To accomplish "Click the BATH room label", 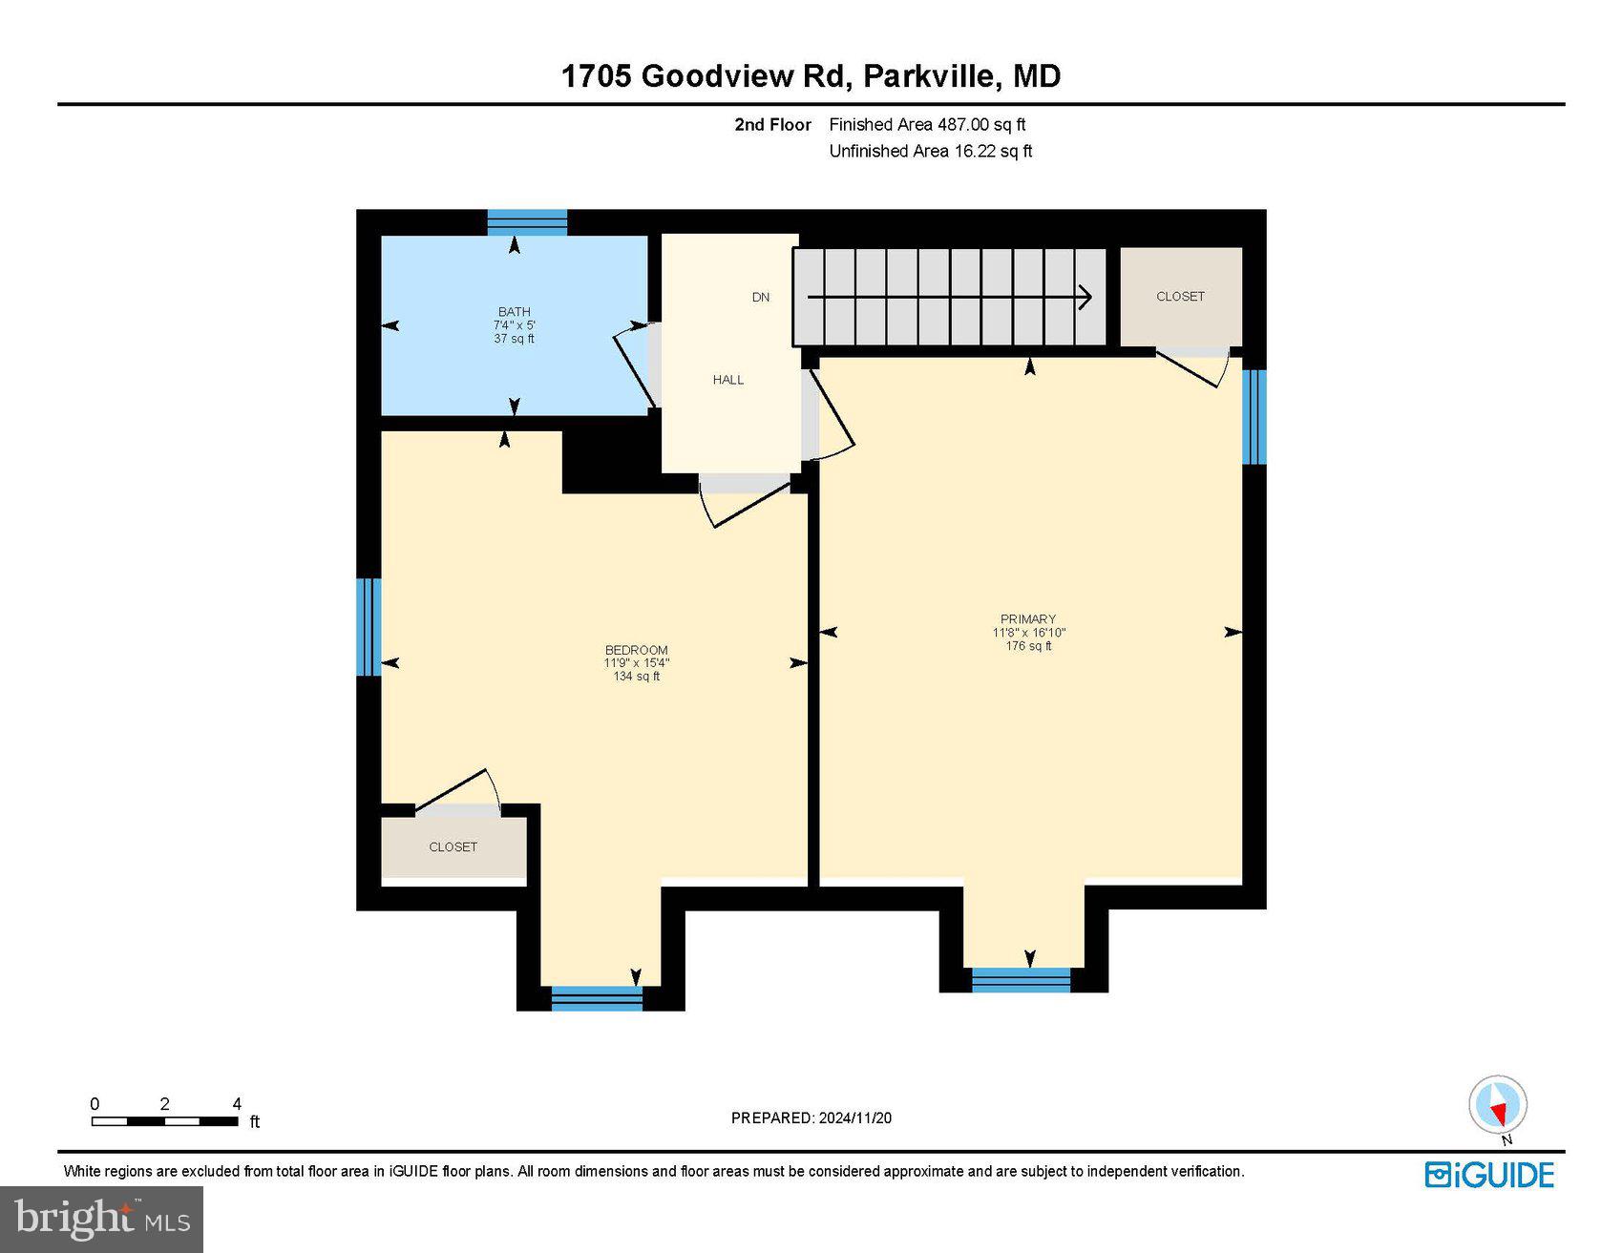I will [x=514, y=311].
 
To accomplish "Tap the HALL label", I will [x=727, y=380].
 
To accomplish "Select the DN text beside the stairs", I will [x=760, y=297].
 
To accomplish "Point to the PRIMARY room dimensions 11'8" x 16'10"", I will [x=1028, y=633].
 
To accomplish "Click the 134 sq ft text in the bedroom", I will [x=636, y=677].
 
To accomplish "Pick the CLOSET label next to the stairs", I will [x=1180, y=297].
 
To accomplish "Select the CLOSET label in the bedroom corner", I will [x=453, y=847].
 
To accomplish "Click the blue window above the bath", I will [x=527, y=222].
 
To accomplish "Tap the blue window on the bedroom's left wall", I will [x=369, y=627].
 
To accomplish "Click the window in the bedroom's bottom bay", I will [x=598, y=999].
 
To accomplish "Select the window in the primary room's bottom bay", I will [x=1021, y=980].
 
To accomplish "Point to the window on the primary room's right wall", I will [x=1254, y=417].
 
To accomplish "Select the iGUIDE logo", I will [x=1489, y=1175].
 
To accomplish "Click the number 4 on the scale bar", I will [x=237, y=1104].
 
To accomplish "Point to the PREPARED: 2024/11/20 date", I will [x=811, y=1118].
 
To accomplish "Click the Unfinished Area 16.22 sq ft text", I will [x=930, y=151].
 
